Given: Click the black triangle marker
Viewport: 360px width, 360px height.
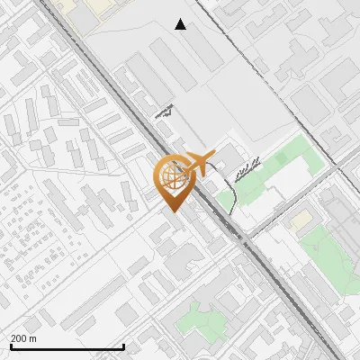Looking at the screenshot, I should pyautogui.click(x=181, y=24).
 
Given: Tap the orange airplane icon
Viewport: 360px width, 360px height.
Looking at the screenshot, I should pyautogui.click(x=198, y=164).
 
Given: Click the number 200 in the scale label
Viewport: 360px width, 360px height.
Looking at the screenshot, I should pyautogui.click(x=19, y=338).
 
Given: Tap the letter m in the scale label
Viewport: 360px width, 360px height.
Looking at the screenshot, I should pyautogui.click(x=33, y=338).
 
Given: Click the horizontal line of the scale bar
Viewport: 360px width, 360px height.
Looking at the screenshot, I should pyautogui.click(x=67, y=346).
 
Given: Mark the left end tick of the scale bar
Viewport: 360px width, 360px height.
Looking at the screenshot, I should pyautogui.click(x=11, y=345).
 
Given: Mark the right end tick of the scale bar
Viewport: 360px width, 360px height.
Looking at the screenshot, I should pyautogui.click(x=123, y=345).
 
